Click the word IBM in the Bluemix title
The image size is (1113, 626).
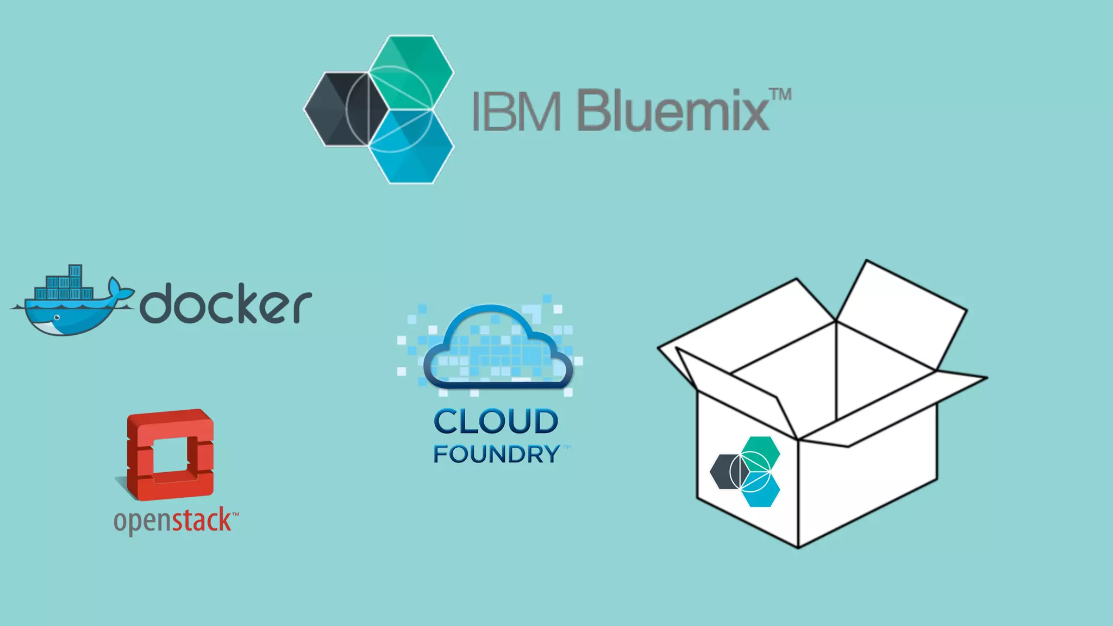click(516, 111)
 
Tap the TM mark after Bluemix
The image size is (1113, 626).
click(781, 95)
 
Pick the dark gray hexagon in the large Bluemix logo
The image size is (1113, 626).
click(337, 109)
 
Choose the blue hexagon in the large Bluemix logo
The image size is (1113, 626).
click(411, 147)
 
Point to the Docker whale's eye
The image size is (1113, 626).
click(57, 317)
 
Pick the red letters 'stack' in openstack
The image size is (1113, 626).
click(202, 520)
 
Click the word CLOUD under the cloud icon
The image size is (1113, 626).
click(496, 422)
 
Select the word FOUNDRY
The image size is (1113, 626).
click(496, 454)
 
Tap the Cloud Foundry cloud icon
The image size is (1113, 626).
click(497, 348)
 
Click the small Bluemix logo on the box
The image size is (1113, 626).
click(745, 472)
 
